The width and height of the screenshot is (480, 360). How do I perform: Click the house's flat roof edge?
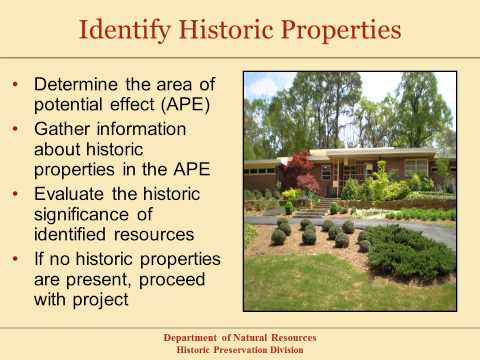[360, 153]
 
